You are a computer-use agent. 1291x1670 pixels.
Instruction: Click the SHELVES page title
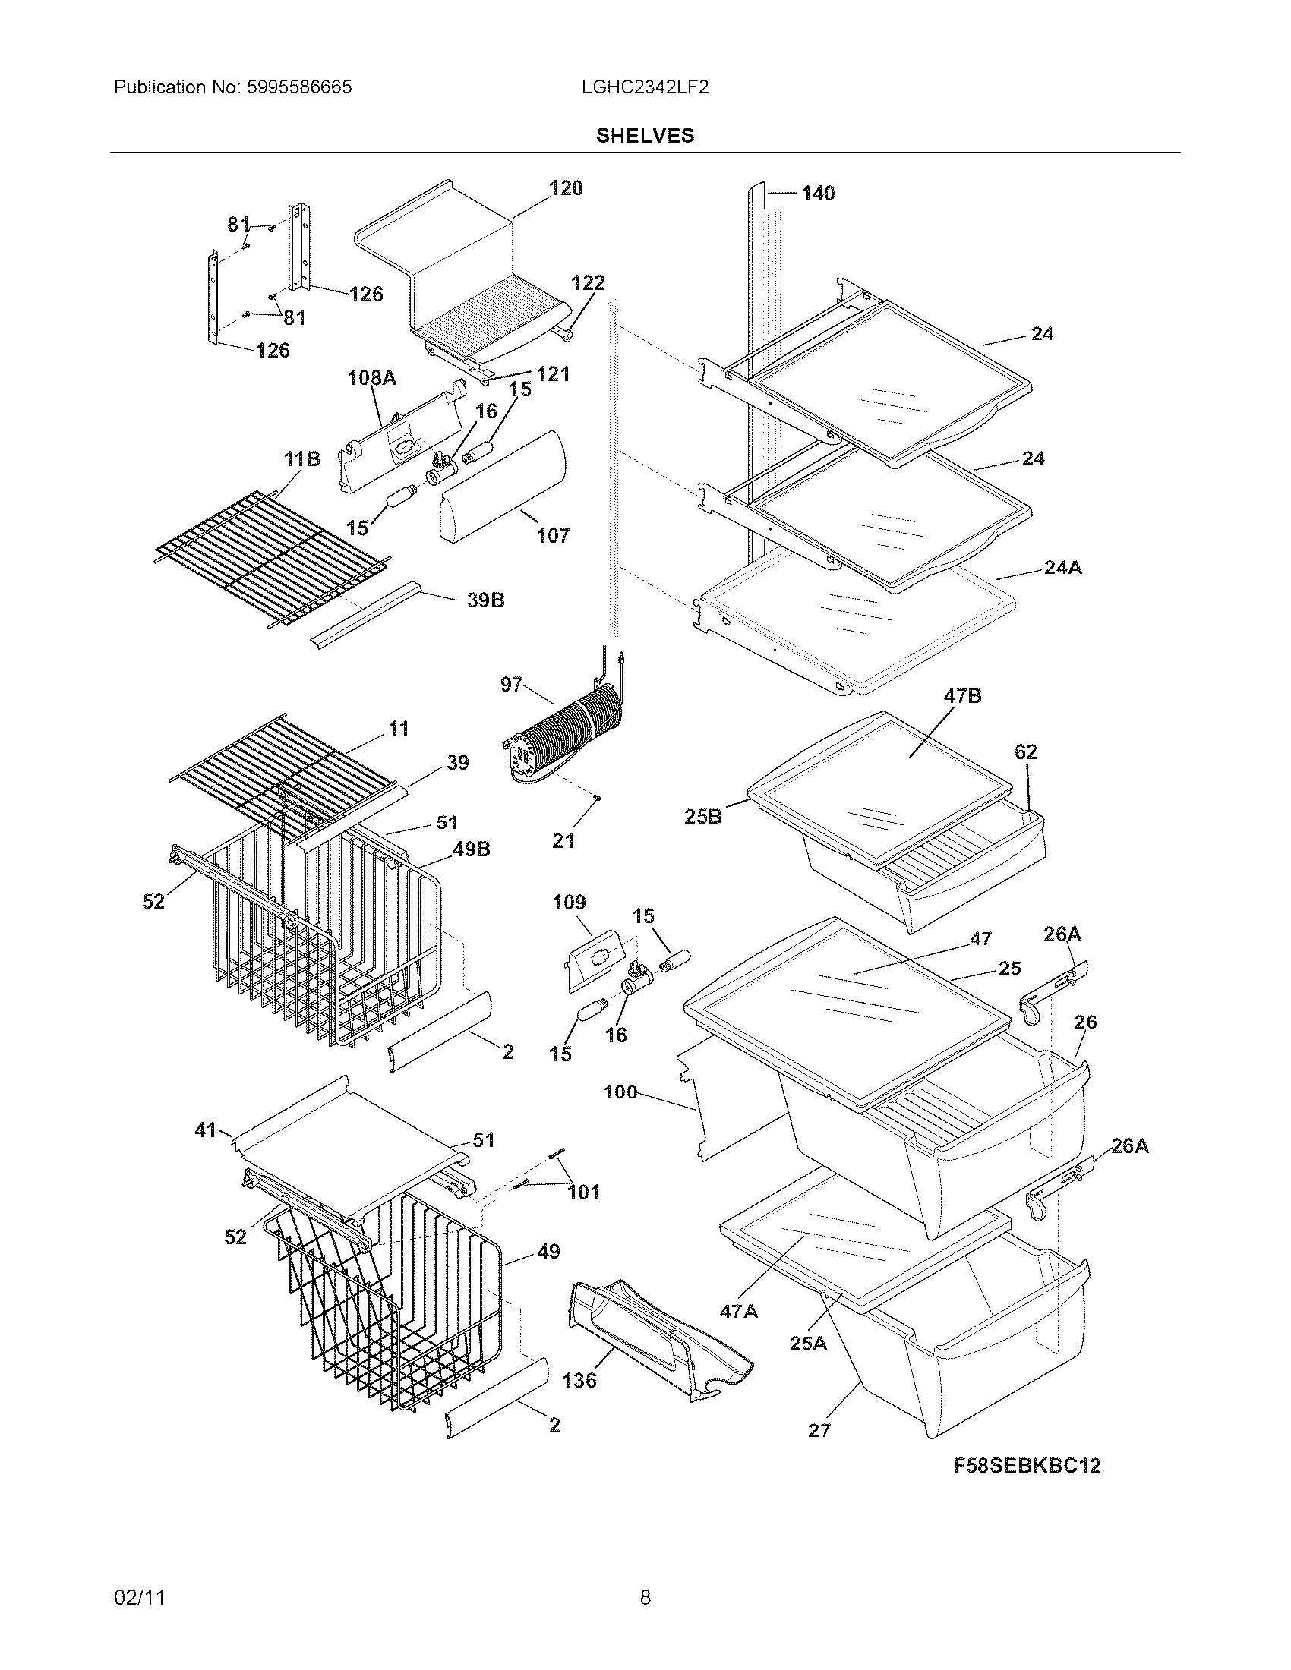[645, 135]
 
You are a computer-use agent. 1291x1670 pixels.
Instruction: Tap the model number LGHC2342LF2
[645, 87]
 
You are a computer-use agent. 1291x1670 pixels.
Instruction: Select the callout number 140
[818, 194]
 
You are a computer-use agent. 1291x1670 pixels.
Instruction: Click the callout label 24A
[1062, 567]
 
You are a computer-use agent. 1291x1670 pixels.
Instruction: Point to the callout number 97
[511, 685]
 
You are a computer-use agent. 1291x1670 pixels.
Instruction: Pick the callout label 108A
[371, 377]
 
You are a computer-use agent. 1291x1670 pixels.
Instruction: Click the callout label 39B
[486, 600]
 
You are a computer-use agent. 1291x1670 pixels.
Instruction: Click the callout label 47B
[962, 696]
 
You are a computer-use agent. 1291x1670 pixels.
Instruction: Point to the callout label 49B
[471, 849]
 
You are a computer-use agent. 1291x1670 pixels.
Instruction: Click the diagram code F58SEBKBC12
[1027, 1465]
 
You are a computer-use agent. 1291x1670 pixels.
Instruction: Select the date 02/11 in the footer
[139, 1597]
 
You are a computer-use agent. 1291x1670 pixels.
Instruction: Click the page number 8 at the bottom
[645, 1597]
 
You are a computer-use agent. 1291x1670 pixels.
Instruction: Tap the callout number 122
[587, 283]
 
